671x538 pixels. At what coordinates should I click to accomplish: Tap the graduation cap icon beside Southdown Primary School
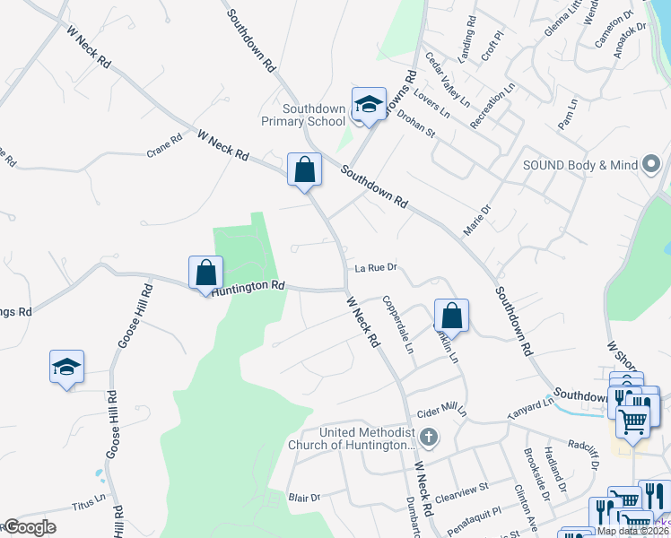click(368, 105)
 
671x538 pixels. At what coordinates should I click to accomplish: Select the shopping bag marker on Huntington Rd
click(205, 273)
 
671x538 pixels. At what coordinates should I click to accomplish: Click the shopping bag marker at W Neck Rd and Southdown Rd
click(304, 169)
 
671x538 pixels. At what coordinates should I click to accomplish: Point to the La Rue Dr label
click(375, 267)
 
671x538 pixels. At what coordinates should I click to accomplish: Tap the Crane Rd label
click(164, 146)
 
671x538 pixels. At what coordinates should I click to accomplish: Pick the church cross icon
click(429, 438)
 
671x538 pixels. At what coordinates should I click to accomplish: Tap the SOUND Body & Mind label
click(579, 165)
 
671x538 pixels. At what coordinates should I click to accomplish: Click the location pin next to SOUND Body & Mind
click(652, 163)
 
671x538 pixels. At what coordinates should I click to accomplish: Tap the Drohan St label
click(415, 125)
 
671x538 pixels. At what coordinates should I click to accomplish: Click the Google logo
click(29, 527)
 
